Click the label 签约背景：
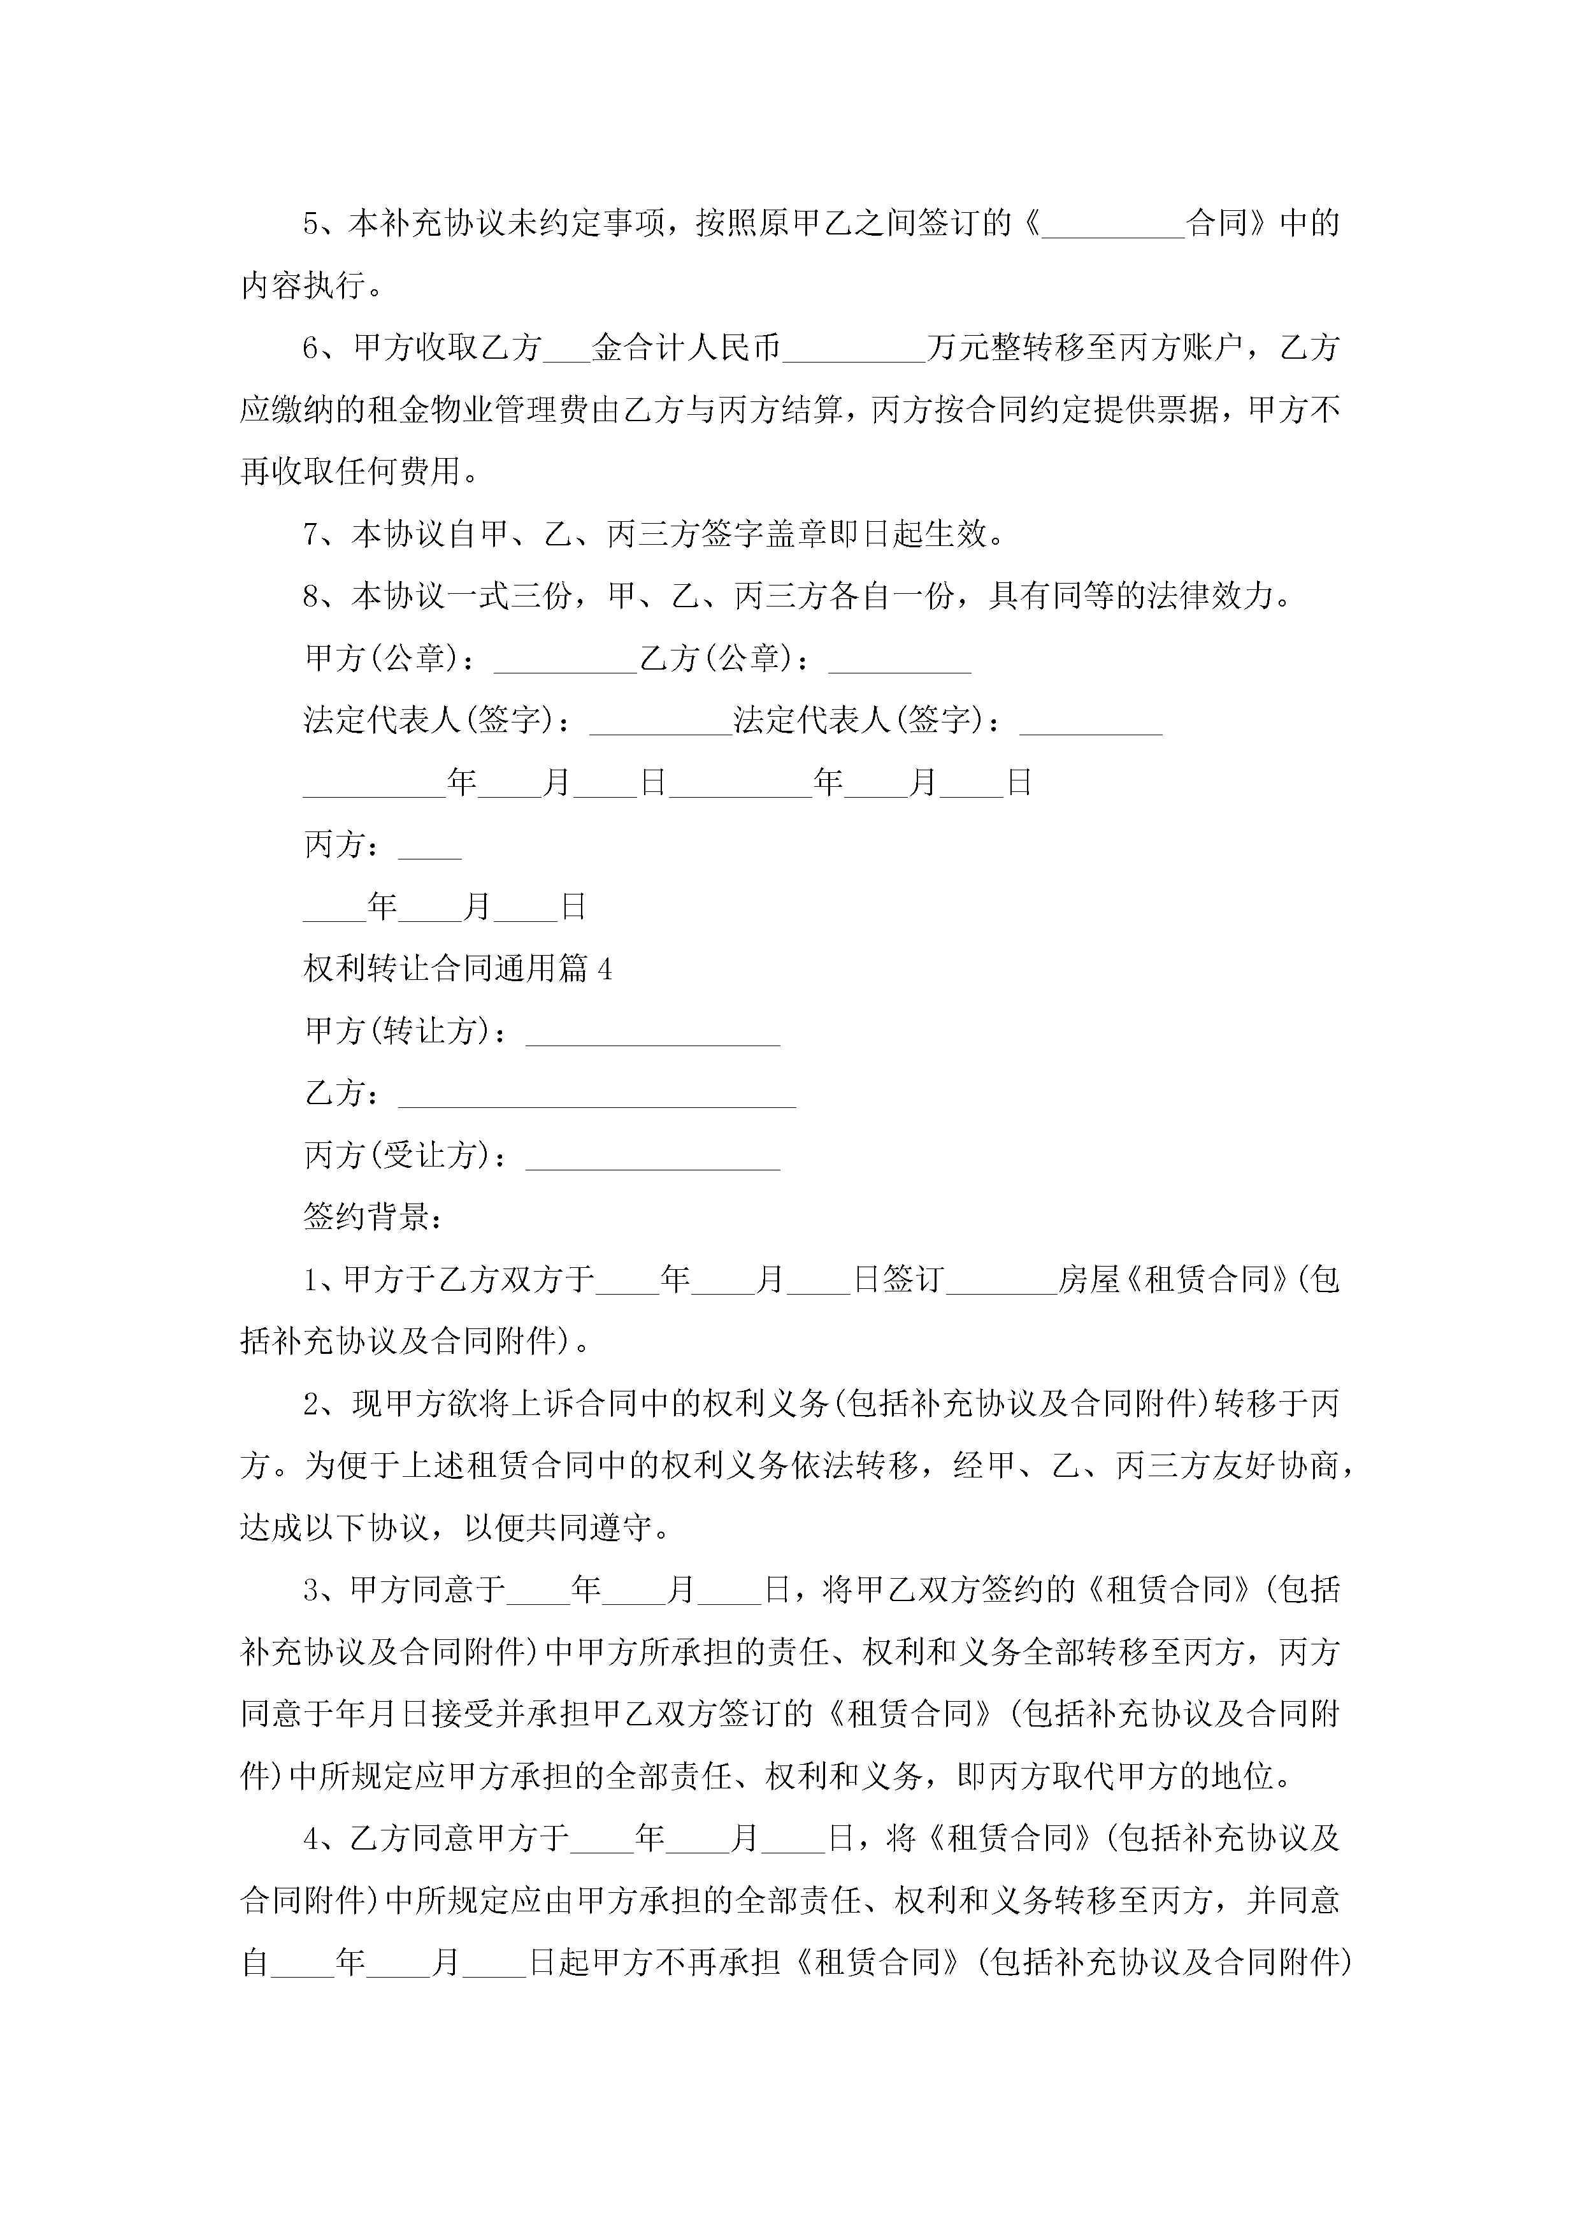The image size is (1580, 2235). tap(373, 1217)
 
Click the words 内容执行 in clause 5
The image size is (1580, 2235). tap(303, 286)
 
